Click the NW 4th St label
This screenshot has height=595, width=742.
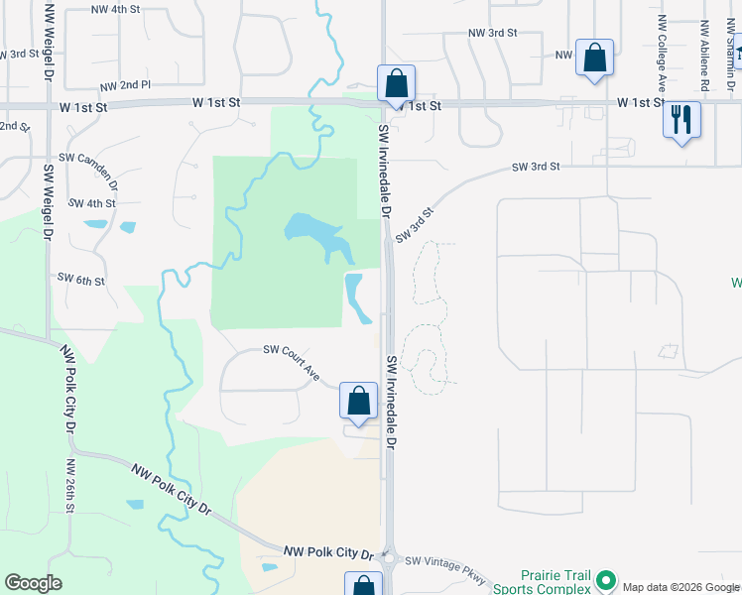tap(115, 9)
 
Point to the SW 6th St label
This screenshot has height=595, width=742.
tap(80, 280)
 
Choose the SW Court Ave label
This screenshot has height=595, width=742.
tap(291, 362)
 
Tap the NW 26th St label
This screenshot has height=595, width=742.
tap(69, 486)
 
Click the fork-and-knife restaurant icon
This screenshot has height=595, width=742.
tap(680, 120)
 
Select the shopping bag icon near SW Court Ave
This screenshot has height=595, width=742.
tap(358, 401)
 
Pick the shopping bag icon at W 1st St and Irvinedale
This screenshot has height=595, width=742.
tap(396, 83)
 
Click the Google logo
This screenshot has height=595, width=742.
tap(33, 583)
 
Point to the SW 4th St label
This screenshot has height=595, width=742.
tap(92, 203)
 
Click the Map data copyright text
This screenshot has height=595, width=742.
tap(680, 587)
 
